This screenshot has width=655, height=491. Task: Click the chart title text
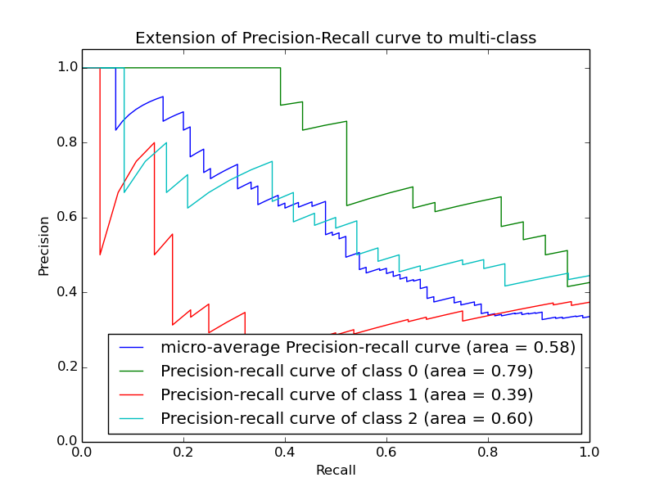336,38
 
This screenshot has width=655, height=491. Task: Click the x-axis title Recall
336,471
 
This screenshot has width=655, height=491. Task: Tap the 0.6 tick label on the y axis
68,217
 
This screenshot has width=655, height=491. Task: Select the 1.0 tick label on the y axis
68,67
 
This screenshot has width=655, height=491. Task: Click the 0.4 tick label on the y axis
68,292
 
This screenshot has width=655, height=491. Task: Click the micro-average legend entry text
368,347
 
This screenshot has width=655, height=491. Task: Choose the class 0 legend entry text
347,371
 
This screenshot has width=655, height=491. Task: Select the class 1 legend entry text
347,394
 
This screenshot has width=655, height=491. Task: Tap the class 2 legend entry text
347,418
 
